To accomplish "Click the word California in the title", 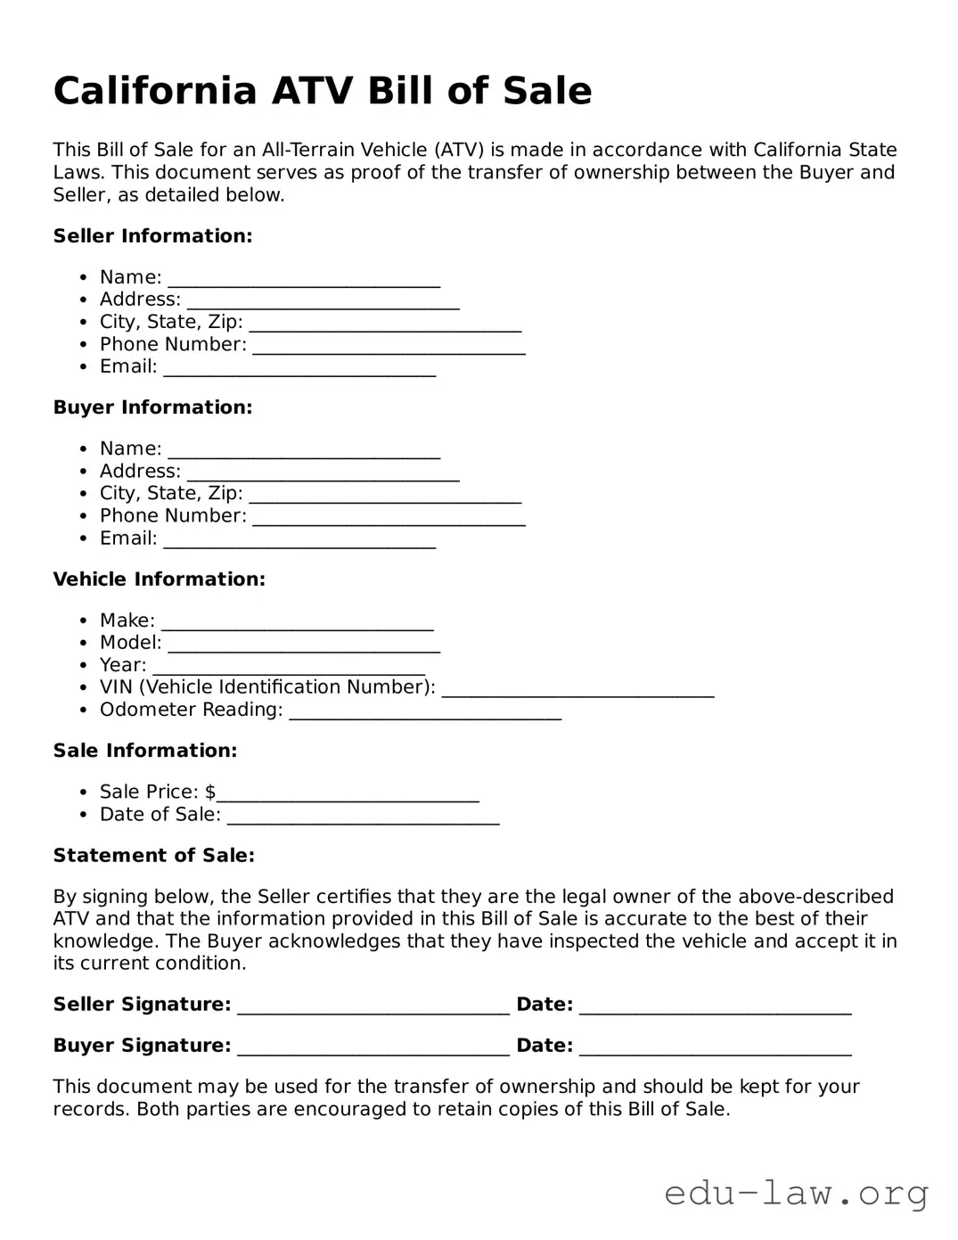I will click(x=154, y=91).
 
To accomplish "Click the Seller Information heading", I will click(x=152, y=236).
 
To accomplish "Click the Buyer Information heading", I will click(x=152, y=407).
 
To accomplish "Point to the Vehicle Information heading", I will click(x=159, y=579).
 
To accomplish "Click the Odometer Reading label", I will click(x=191, y=710).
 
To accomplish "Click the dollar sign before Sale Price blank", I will click(x=210, y=792).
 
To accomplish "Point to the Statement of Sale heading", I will click(x=153, y=856).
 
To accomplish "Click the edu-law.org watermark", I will click(x=796, y=1193).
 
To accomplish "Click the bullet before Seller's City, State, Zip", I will click(x=83, y=323).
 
